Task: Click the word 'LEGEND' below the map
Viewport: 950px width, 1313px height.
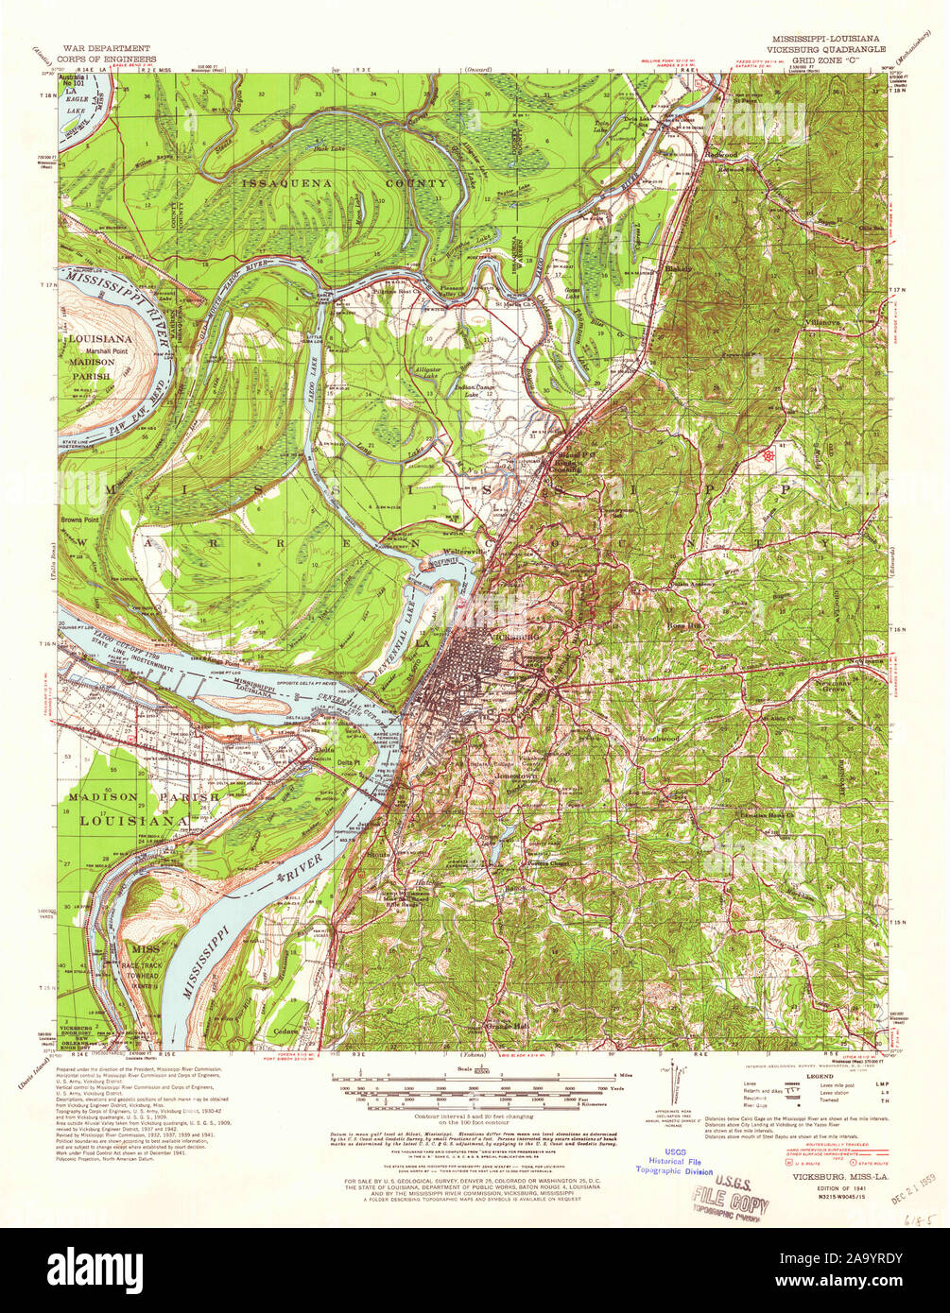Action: pos(820,1076)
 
